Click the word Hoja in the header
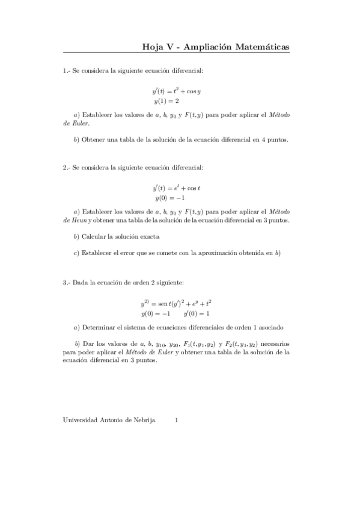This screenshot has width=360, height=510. (x=152, y=46)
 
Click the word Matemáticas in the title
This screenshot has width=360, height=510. (x=260, y=46)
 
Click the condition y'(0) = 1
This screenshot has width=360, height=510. (x=197, y=313)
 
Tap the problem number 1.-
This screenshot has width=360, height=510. (x=66, y=71)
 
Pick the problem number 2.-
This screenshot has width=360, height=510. (x=66, y=167)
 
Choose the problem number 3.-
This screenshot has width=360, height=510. (x=66, y=282)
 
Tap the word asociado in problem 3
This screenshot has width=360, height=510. (x=236, y=327)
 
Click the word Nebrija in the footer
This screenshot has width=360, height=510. (x=143, y=420)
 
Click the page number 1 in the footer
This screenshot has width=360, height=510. (x=176, y=420)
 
